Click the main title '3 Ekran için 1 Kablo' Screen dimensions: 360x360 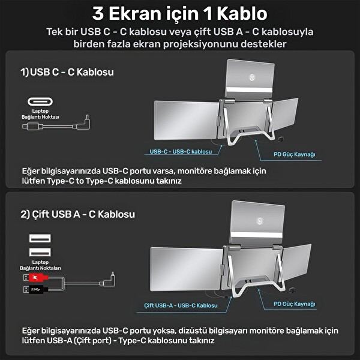(180, 14)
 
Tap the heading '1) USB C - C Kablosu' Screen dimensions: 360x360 (67, 72)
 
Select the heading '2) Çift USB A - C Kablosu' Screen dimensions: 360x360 (77, 214)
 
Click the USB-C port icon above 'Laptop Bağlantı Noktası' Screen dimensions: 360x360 (40, 101)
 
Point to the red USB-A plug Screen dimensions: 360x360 (38, 278)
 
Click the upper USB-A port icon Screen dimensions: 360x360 (40, 239)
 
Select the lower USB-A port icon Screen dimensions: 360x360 (40, 253)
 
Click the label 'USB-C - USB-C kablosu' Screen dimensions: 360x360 (181, 152)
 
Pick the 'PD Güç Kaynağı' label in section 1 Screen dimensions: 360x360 (295, 154)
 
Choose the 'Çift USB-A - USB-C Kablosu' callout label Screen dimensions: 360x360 (181, 305)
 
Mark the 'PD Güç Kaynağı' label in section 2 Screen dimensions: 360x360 (295, 304)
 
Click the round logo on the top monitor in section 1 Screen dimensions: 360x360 (252, 77)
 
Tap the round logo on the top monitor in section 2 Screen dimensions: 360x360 (259, 221)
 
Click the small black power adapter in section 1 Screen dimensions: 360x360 (281, 139)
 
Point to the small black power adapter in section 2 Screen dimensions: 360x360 (292, 290)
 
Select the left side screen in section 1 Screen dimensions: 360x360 (186, 120)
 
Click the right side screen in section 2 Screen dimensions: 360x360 (296, 262)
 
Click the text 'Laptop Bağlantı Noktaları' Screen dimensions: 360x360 (40, 265)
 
